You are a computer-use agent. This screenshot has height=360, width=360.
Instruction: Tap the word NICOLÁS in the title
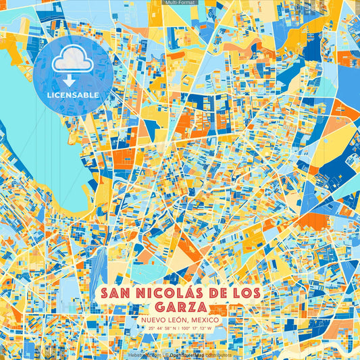click(168, 294)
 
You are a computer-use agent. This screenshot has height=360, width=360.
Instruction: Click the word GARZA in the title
click(180, 307)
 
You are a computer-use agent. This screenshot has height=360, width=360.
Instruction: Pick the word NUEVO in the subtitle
click(156, 319)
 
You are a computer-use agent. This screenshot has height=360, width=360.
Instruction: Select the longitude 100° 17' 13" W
click(197, 329)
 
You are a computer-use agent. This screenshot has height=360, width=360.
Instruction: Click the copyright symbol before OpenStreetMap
click(166, 354)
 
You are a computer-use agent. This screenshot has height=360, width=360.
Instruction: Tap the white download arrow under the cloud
click(72, 80)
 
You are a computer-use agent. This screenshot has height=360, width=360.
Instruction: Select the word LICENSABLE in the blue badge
click(72, 95)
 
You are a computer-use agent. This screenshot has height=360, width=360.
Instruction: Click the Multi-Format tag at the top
click(180, 3)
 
